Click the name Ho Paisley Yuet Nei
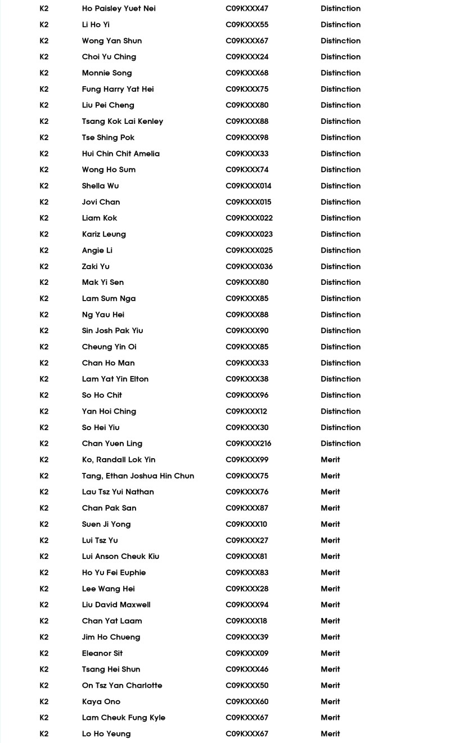tap(119, 8)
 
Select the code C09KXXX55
tap(247, 25)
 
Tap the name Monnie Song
tap(107, 73)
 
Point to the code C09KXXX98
tap(247, 137)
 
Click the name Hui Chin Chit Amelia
tap(121, 154)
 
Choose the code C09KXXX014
tap(249, 186)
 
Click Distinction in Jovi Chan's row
tap(340, 202)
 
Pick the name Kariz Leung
tap(104, 234)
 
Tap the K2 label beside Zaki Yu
tap(44, 266)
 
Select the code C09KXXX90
tap(247, 330)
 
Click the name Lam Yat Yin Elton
tap(115, 379)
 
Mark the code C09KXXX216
tap(249, 444)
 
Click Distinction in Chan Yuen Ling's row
tap(340, 444)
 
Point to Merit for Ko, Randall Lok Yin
tap(330, 460)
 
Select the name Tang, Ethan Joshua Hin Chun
tap(138, 476)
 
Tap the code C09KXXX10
tap(246, 524)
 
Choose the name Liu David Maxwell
tap(116, 605)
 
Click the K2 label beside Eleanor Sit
tap(44, 653)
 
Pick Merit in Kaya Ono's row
tap(330, 701)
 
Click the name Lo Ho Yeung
tap(106, 733)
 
